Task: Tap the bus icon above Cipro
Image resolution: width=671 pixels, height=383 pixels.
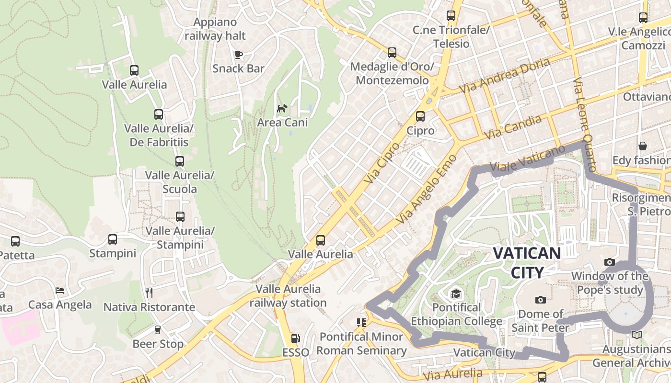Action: coord(420,116)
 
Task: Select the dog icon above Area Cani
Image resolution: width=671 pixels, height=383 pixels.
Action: coord(282,108)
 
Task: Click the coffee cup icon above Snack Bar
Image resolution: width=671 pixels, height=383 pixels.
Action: coord(238,54)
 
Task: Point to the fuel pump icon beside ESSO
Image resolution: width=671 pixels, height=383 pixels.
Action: coord(296,338)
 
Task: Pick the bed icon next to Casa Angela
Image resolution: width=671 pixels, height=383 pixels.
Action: coord(60,291)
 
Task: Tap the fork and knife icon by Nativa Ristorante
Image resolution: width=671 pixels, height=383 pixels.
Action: coord(149,293)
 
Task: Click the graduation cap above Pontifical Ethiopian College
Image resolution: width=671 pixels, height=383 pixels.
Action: coord(455,293)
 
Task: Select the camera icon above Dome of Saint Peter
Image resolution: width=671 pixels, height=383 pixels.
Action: coord(541,300)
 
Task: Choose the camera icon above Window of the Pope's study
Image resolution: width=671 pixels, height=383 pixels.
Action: coord(610,262)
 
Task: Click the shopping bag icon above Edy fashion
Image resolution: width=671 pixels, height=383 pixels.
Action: coord(643,146)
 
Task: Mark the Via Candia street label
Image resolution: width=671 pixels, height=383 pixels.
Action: coord(513,127)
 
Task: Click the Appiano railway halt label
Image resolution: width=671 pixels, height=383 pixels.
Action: coord(215,29)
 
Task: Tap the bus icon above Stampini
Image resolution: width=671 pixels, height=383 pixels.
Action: coord(113,239)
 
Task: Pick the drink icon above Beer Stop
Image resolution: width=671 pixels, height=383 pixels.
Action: coord(157,330)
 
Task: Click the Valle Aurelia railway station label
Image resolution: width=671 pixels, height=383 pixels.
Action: coord(288,296)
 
